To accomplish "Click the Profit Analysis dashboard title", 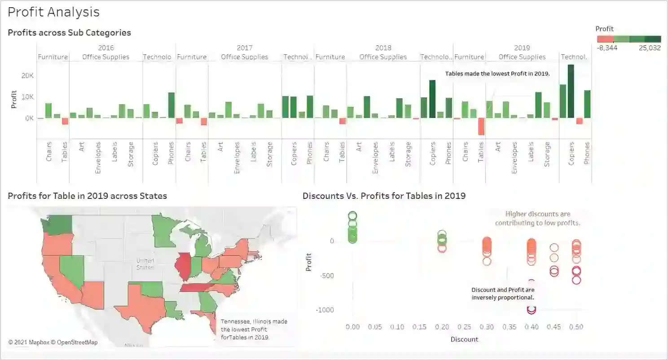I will (53, 12).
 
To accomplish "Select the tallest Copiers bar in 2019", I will (571, 92).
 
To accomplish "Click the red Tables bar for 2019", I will (481, 126).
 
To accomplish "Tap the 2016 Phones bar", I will (171, 105).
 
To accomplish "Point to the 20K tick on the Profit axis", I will (27, 75).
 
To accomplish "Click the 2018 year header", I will (383, 48).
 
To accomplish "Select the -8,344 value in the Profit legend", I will (607, 48).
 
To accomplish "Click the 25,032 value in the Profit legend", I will (649, 48).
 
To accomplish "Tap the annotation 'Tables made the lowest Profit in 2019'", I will (497, 74).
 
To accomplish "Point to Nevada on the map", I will (72, 269).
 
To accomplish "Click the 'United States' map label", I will (145, 264).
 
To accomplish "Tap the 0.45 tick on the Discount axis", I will (554, 327).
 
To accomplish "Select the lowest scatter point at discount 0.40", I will (532, 309).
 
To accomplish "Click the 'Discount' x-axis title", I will (464, 339).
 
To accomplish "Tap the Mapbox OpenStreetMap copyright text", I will (53, 342).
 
